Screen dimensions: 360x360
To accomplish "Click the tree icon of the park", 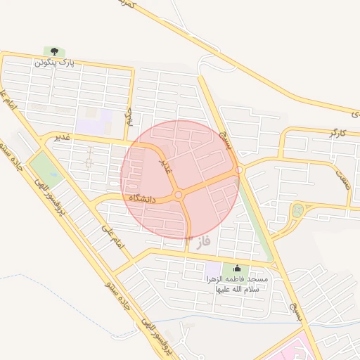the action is coord(53,51).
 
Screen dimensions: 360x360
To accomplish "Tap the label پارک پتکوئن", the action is coord(53,63).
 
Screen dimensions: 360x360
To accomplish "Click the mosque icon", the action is coord(236,269).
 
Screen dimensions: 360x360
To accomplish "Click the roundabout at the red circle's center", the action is coord(179,195).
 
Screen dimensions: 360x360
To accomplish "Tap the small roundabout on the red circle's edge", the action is coord(239,169).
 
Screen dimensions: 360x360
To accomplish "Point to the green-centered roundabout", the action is coord(298,209).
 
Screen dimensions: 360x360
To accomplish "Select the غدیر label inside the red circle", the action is coord(165,167).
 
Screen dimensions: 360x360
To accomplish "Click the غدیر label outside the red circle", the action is coord(63,137).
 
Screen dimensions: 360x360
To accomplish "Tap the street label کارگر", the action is coord(337,133).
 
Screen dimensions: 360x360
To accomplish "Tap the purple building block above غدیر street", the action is coord(94,125).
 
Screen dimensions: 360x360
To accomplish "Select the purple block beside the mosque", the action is coord(212,269).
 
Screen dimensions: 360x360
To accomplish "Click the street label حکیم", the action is coord(129,116).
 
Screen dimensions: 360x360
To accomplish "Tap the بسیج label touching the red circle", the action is coord(223,131).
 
